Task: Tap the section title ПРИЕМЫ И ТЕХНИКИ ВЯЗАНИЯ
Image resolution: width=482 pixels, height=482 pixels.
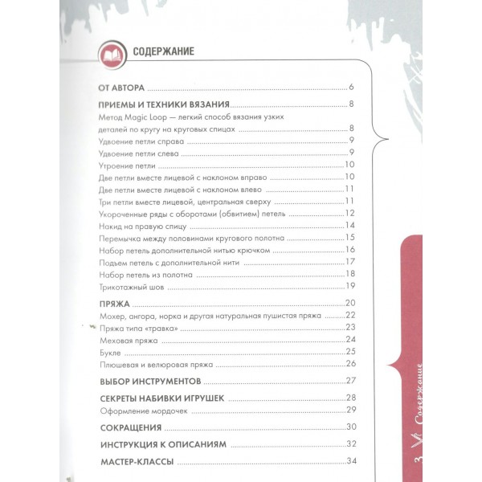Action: click(164, 105)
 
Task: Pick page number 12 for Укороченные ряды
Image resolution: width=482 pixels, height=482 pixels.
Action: click(349, 213)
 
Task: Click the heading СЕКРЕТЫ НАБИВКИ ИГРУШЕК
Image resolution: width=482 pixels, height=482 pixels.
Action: click(160, 398)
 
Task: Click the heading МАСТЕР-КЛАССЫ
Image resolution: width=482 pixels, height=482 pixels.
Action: click(136, 462)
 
